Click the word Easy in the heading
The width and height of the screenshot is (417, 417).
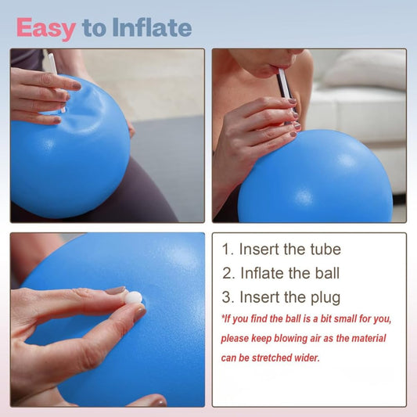45,28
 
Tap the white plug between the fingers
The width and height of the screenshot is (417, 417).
133,298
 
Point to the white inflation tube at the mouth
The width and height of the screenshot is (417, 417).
284,83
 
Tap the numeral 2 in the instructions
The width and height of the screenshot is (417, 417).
228,274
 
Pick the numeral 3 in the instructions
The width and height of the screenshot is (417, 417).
228,297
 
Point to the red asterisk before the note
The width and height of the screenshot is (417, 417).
223,317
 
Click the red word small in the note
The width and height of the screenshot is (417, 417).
341,319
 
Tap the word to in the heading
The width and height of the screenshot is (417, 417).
94,29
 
